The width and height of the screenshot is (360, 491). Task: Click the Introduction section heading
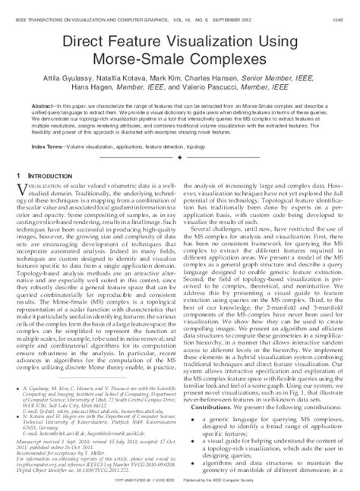tap(57, 176)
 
